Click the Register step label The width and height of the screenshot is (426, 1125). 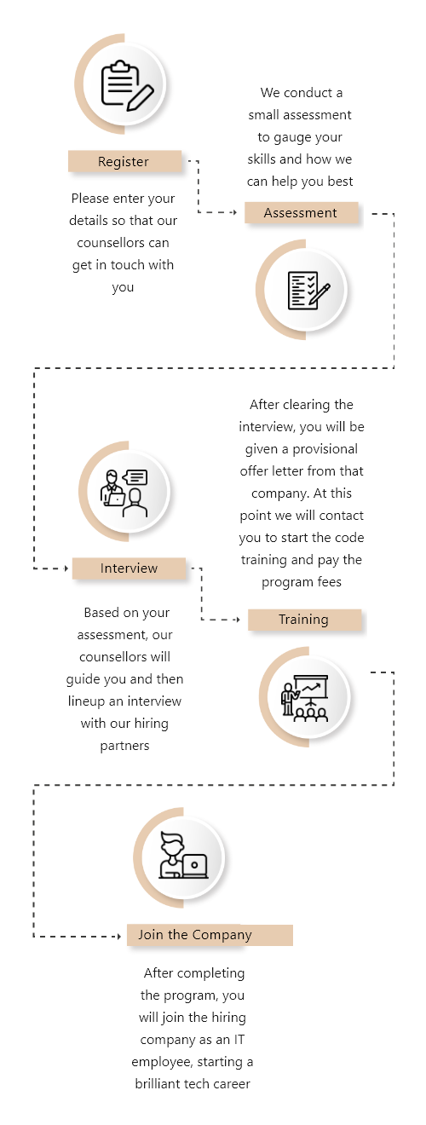[124, 162]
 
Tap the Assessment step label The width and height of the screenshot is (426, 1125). [302, 213]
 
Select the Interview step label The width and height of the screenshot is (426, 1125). [130, 568]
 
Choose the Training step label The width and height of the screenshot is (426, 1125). [304, 620]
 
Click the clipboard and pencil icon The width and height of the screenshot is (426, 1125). [127, 85]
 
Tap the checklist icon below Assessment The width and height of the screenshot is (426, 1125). [308, 291]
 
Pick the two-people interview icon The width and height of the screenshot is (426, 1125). [124, 493]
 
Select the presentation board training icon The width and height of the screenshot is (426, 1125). [304, 698]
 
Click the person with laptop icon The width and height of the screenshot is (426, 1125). [183, 856]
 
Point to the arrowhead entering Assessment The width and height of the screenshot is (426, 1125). [234, 212]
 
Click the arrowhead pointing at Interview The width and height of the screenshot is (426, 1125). [66, 568]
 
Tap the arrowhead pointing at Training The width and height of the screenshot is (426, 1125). [238, 620]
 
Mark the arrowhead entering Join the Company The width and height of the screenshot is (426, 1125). [119, 937]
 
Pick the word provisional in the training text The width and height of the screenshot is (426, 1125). [325, 449]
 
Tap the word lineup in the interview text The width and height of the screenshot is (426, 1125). [86, 701]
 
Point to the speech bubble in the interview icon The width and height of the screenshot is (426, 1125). [135, 477]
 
